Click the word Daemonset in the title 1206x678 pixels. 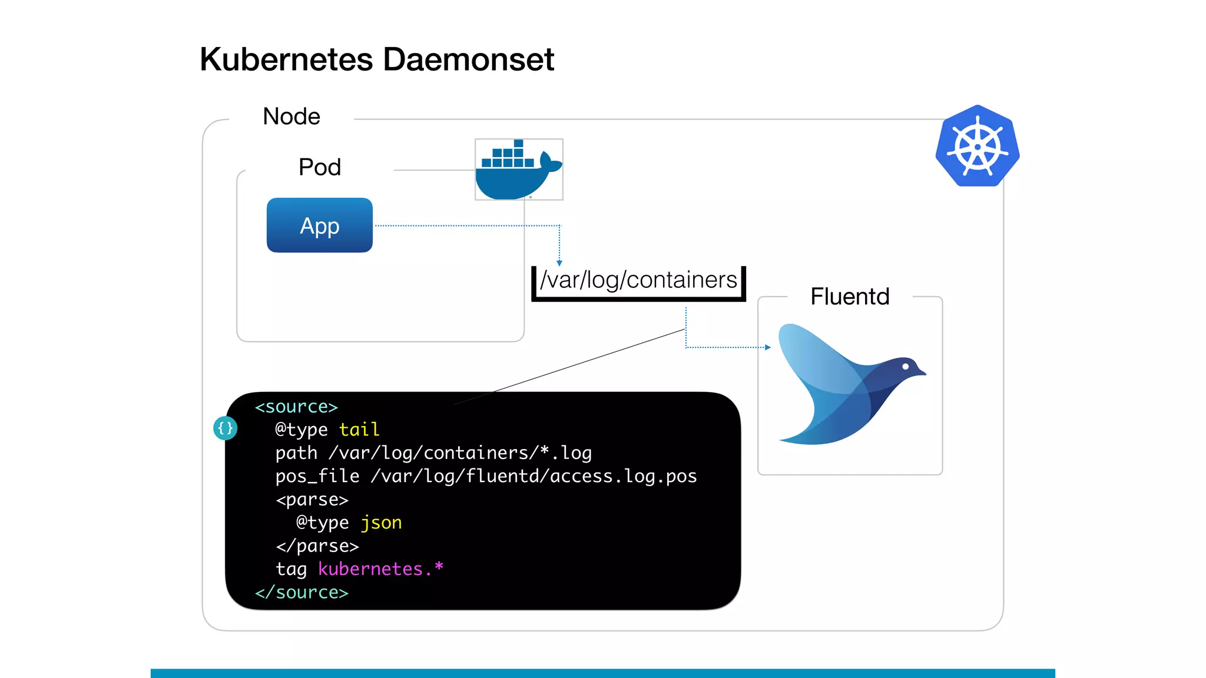pos(468,59)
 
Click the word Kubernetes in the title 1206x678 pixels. pos(286,59)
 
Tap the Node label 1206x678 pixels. pos(291,117)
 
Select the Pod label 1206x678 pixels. pos(319,167)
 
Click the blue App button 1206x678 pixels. pos(319,225)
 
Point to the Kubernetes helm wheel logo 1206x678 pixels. pos(978,147)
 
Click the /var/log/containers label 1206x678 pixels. pos(638,280)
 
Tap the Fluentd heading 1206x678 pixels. pos(849,296)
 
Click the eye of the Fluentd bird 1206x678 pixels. pos(906,366)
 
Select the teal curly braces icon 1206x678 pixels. pos(225,428)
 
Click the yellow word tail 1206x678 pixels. pos(359,430)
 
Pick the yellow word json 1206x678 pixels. pos(381,523)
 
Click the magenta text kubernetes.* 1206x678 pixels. pos(380,569)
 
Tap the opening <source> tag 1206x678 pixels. pos(296,407)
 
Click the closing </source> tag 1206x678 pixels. pos(301,592)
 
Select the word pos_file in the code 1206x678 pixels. pos(317,476)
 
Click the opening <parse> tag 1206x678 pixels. pos(312,500)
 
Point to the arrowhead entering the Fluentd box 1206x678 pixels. pos(767,347)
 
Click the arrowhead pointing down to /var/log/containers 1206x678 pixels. pos(559,263)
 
